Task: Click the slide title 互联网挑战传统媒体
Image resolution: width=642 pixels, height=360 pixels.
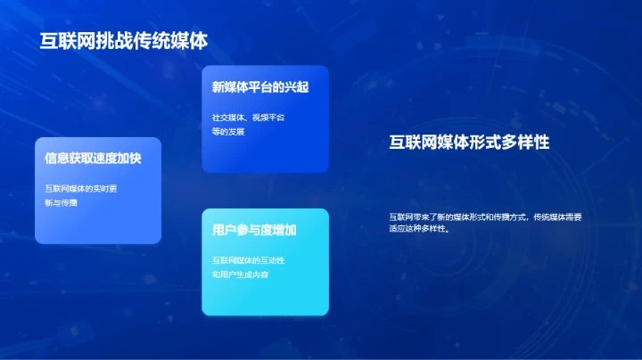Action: click(x=123, y=41)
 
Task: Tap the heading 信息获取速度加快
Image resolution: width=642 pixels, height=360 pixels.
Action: click(x=93, y=159)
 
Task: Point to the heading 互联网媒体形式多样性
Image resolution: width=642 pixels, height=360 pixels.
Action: click(x=468, y=143)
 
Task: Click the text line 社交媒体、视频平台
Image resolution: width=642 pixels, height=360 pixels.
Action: click(x=248, y=117)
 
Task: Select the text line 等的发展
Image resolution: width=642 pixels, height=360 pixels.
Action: click(x=227, y=131)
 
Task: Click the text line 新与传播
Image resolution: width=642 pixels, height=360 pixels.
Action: click(x=61, y=202)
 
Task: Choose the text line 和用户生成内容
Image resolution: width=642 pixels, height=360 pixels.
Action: click(x=240, y=274)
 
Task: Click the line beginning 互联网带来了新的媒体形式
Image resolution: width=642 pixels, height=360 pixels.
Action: click(x=486, y=217)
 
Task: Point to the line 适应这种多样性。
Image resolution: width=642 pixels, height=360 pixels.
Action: click(x=418, y=228)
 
